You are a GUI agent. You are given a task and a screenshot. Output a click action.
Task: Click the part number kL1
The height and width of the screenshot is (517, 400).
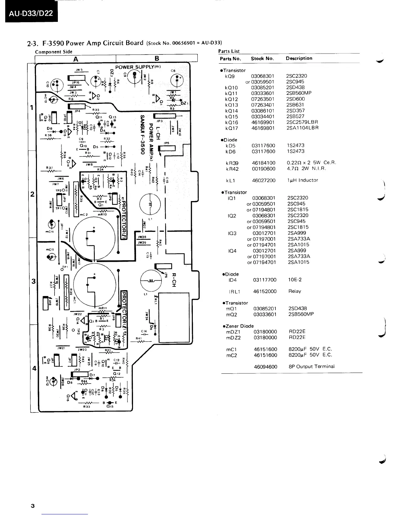pyautogui.click(x=231, y=180)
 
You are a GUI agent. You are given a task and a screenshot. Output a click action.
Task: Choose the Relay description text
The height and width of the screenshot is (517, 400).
pyautogui.click(x=294, y=291)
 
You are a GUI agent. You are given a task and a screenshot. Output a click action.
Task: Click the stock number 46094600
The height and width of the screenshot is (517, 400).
pyautogui.click(x=265, y=367)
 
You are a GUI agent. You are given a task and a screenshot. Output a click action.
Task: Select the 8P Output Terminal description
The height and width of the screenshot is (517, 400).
pyautogui.click(x=311, y=367)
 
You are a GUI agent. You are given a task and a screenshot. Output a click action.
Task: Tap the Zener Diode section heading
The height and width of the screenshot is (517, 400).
pyautogui.click(x=238, y=326)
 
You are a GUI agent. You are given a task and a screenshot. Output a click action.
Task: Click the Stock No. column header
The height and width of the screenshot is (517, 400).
pyautogui.click(x=262, y=59)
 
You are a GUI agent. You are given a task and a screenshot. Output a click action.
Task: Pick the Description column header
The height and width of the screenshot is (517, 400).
pyautogui.click(x=299, y=58)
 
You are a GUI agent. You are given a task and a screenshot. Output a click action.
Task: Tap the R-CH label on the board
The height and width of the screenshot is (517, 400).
pyautogui.click(x=174, y=280)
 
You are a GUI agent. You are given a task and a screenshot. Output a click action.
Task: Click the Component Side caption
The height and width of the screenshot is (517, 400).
pyautogui.click(x=54, y=52)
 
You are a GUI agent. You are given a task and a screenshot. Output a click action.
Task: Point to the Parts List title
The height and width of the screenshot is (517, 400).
pyautogui.click(x=229, y=51)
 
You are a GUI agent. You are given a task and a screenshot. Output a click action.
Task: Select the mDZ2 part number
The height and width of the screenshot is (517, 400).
pyautogui.click(x=233, y=338)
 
